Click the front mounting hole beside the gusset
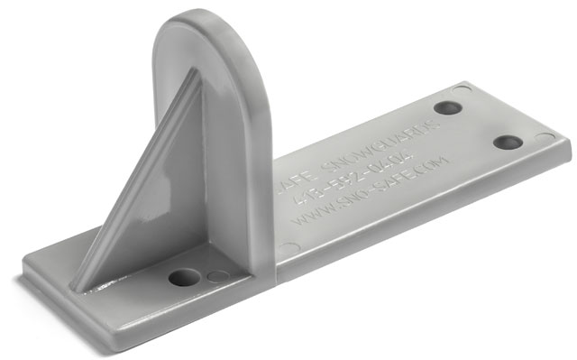(183, 277)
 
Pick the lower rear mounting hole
(508, 143)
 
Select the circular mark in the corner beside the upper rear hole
(462, 88)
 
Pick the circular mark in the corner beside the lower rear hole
(545, 137)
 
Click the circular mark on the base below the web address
(287, 249)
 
